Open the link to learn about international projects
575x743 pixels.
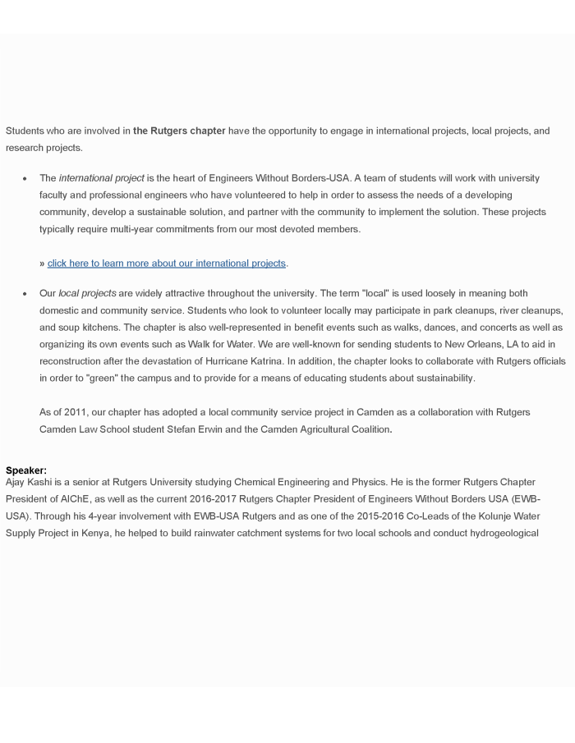coord(167,264)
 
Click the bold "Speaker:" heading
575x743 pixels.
coord(26,470)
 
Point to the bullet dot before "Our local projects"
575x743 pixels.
coord(25,294)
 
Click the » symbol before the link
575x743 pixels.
coord(42,264)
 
